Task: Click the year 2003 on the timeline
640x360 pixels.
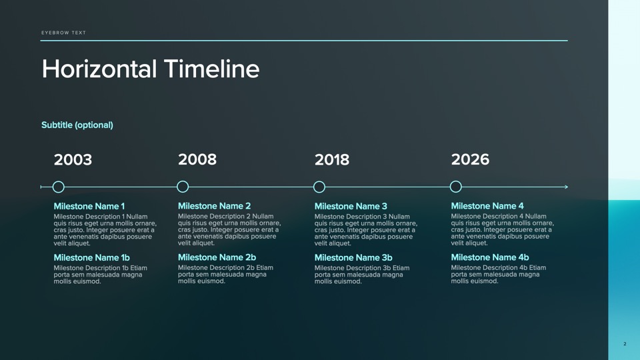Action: pyautogui.click(x=73, y=159)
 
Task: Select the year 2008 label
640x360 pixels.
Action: pyautogui.click(x=197, y=159)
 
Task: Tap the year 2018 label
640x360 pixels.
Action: pyautogui.click(x=332, y=159)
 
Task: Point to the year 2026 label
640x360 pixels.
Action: pyautogui.click(x=470, y=159)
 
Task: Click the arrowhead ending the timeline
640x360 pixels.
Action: pyautogui.click(x=566, y=187)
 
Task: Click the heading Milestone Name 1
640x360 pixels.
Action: pyautogui.click(x=89, y=206)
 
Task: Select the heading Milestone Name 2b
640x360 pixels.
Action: pyautogui.click(x=217, y=257)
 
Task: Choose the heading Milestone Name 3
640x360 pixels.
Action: pyautogui.click(x=351, y=206)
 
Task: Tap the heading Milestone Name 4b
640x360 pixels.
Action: pyautogui.click(x=490, y=257)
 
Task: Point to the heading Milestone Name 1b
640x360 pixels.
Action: pyautogui.click(x=92, y=257)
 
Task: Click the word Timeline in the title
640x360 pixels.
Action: pyautogui.click(x=211, y=69)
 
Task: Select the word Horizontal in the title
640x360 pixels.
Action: pyautogui.click(x=99, y=69)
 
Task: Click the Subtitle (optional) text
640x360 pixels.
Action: pyautogui.click(x=77, y=125)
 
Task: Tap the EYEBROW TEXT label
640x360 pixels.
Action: pyautogui.click(x=64, y=33)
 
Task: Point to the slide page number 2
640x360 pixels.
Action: pyautogui.click(x=625, y=344)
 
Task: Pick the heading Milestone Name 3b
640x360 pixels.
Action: pyautogui.click(x=353, y=257)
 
